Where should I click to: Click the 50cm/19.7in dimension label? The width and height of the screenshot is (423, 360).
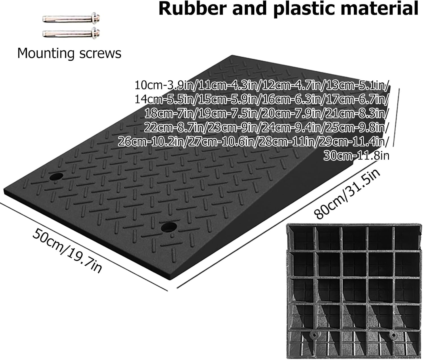tap(67, 251)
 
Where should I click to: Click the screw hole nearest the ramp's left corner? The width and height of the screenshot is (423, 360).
tap(56, 176)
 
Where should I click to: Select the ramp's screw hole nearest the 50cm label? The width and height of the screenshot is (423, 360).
tap(169, 227)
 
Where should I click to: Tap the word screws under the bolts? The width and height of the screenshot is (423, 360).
tap(100, 54)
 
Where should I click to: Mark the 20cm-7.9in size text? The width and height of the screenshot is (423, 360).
tap(290, 114)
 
